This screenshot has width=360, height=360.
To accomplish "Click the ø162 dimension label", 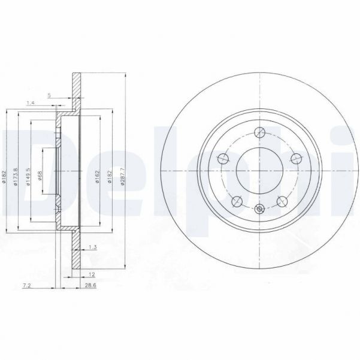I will click(96, 174).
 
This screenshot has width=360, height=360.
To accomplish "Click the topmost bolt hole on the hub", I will click(259, 133).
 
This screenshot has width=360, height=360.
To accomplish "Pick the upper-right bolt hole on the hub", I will click(295, 159).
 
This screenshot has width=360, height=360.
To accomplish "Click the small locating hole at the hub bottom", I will click(259, 209).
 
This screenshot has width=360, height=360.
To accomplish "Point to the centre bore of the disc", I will click(259, 171).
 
